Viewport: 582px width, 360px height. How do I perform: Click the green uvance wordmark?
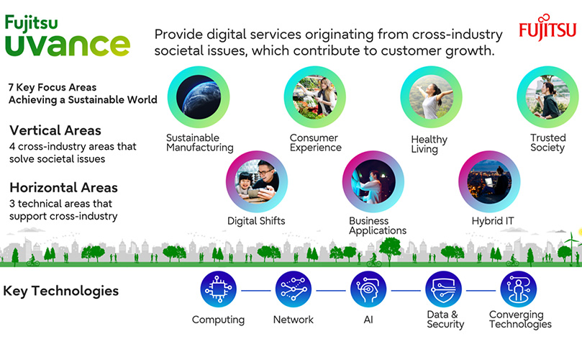tap(68, 43)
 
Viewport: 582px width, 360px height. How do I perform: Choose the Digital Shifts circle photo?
tap(257, 181)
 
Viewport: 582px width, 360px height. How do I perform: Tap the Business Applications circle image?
tap(373, 181)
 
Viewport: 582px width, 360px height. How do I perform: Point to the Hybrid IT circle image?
tap(489, 181)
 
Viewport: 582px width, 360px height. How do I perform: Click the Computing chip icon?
tap(218, 289)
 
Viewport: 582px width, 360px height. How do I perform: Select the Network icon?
tap(294, 289)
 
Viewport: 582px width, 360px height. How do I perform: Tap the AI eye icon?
tap(368, 289)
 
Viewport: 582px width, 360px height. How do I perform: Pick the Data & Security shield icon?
tap(444, 289)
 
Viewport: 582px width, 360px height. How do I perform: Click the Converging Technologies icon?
tap(519, 289)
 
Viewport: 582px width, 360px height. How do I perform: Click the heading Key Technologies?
tap(61, 291)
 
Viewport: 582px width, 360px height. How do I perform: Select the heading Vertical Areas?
tap(55, 131)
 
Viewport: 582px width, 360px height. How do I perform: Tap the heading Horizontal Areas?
tap(63, 187)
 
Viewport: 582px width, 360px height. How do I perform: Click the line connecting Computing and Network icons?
tap(255, 290)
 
